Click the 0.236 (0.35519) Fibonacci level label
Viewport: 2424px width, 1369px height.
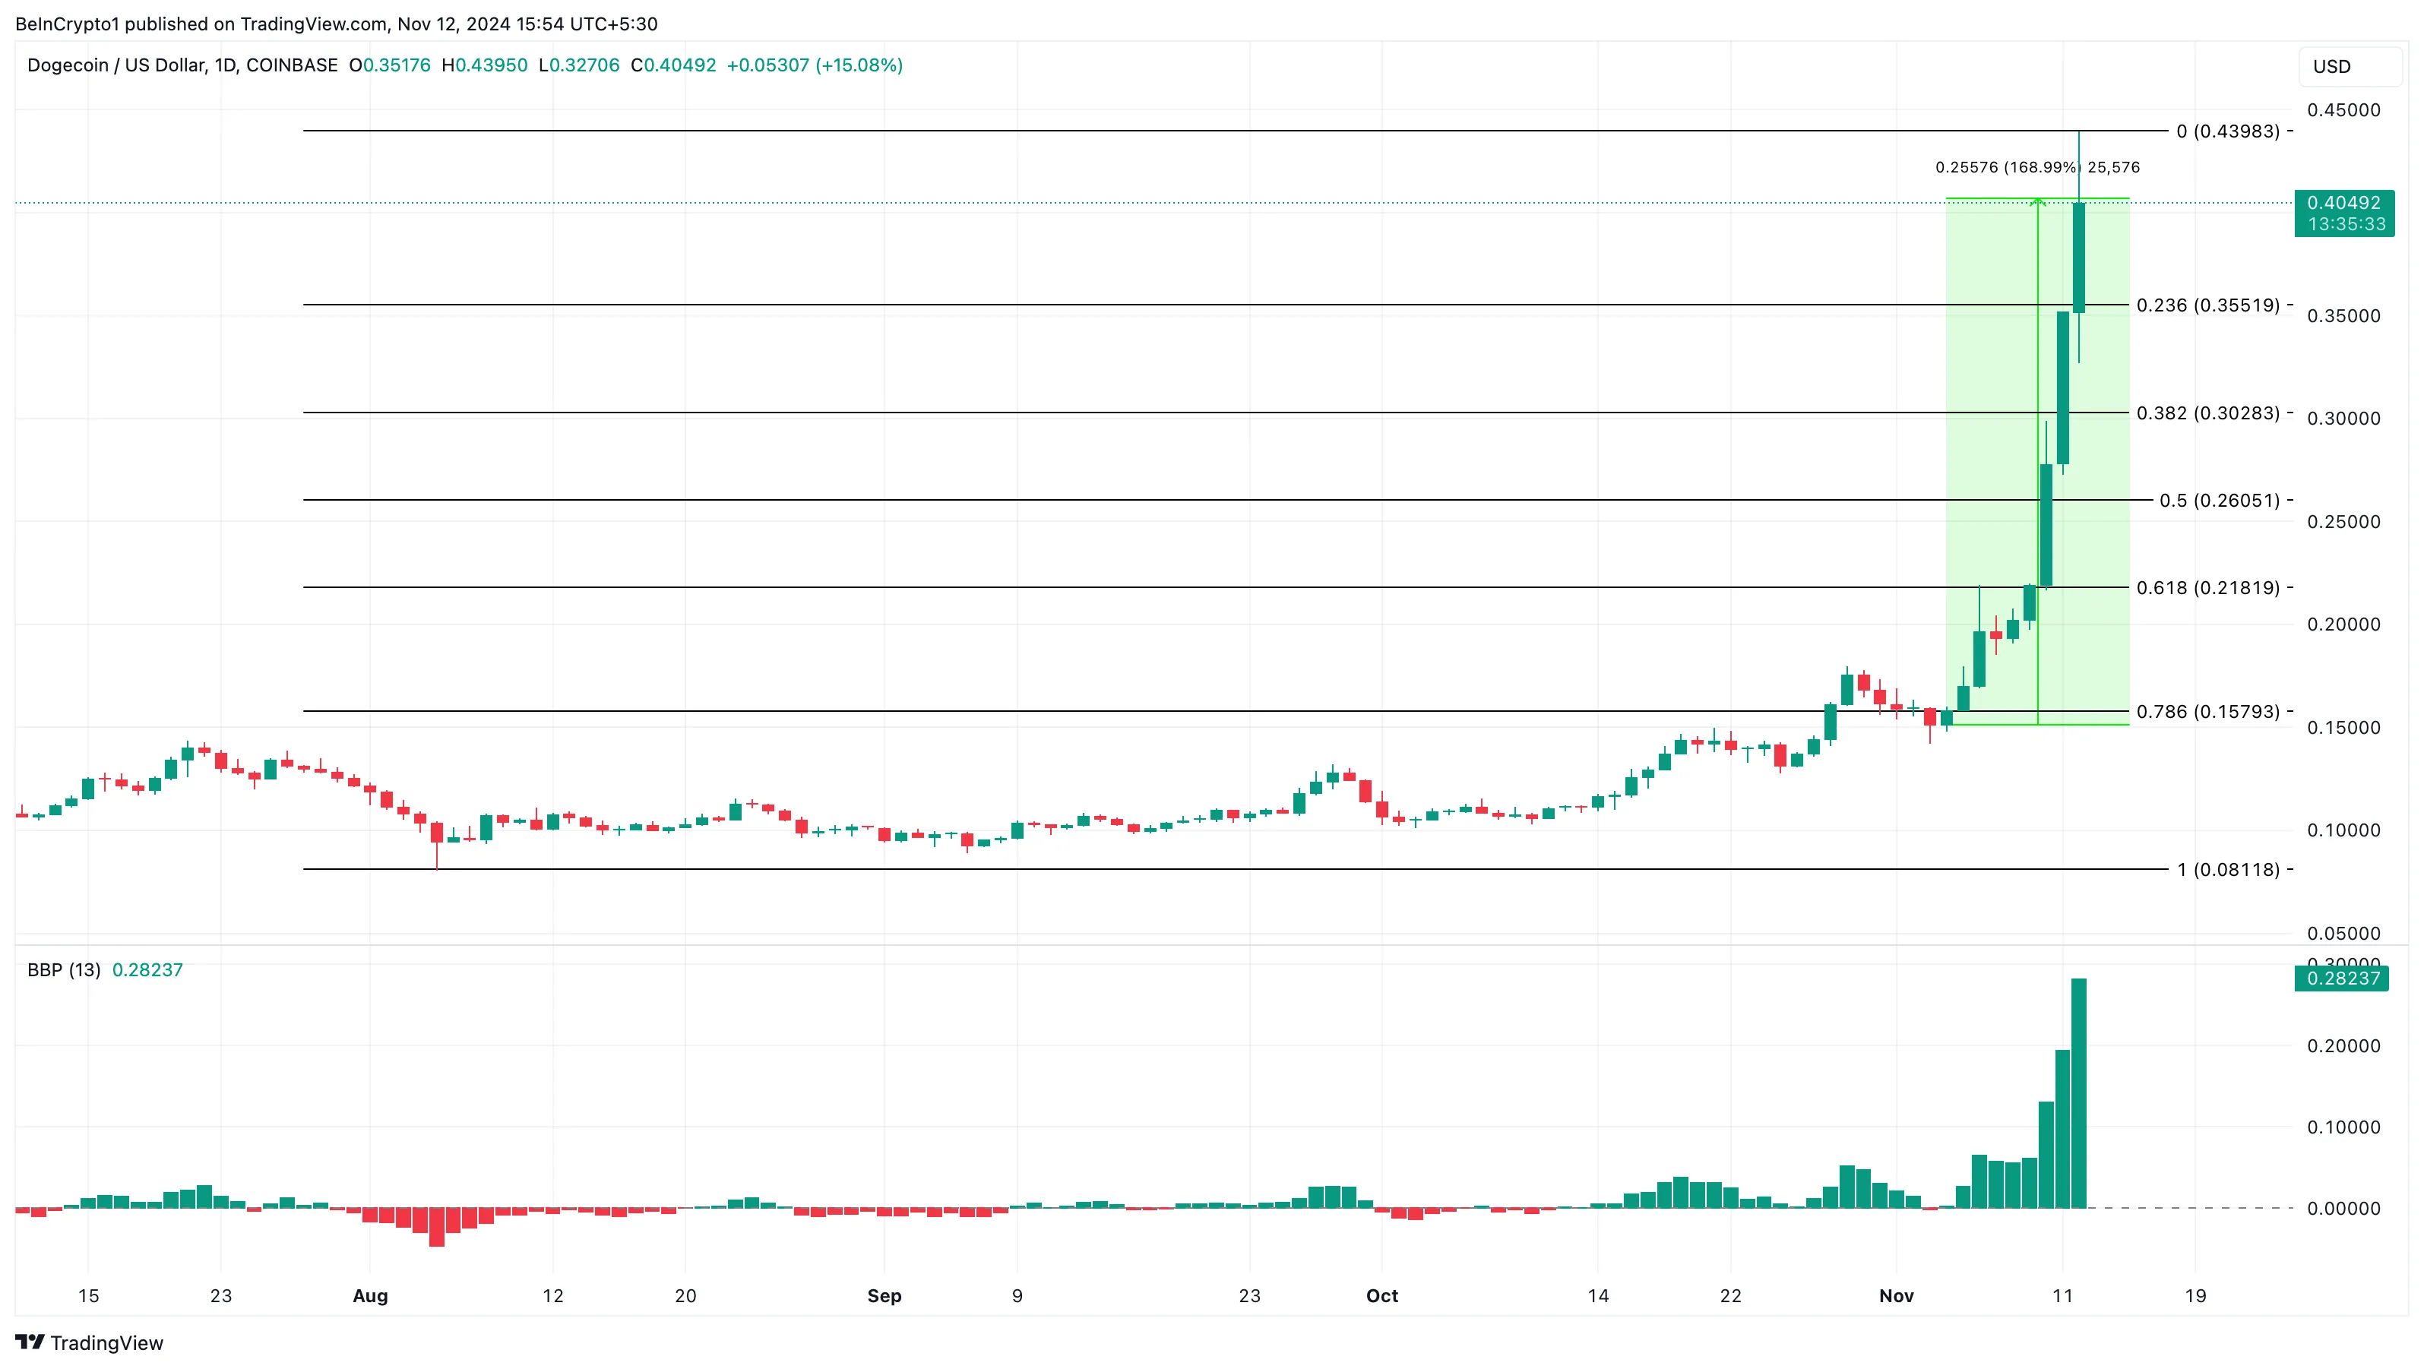[x=2207, y=305]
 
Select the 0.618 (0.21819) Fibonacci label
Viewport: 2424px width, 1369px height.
[x=2207, y=587]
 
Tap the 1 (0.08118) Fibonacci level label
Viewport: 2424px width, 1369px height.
[x=2227, y=869]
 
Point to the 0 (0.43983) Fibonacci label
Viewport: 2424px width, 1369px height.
[x=2227, y=131]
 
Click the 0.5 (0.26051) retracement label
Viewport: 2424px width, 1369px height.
[x=2219, y=500]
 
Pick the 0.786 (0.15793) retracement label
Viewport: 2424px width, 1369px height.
[x=2207, y=711]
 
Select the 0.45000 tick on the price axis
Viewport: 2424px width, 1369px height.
[x=2343, y=110]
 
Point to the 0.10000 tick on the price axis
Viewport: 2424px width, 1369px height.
[x=2343, y=830]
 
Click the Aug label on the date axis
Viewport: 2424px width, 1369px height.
[x=370, y=1295]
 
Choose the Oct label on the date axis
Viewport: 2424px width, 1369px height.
[x=1381, y=1295]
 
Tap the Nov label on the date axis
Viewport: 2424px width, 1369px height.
[x=1895, y=1295]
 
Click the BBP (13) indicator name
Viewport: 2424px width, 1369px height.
[x=64, y=970]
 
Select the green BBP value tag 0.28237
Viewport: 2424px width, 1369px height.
[x=2342, y=979]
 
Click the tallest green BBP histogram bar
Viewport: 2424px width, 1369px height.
[x=2079, y=1092]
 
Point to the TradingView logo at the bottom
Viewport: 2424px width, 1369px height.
[x=90, y=1342]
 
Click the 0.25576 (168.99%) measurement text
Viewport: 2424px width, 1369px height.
[x=2007, y=167]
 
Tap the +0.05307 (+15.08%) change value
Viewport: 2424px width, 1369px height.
[x=814, y=65]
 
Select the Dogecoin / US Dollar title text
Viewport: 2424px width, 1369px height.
[x=182, y=65]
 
